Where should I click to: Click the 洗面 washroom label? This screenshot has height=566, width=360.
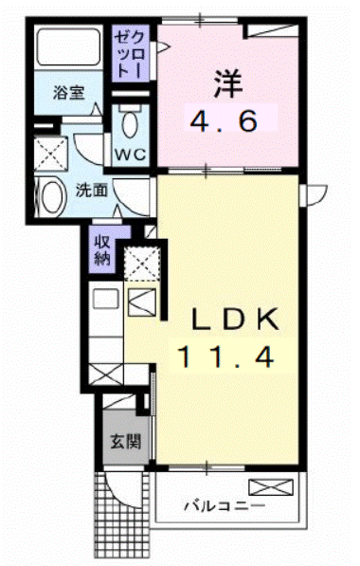[x=92, y=189]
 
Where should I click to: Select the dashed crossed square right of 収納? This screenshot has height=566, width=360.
[x=140, y=264]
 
